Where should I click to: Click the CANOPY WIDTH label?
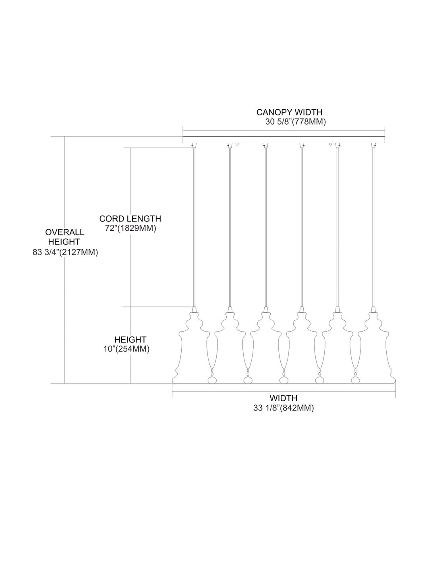289,112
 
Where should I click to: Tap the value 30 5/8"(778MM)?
295,122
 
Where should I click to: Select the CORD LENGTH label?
130,219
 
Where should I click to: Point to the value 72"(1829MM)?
130,228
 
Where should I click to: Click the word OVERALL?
64,232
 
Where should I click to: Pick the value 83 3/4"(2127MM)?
65,252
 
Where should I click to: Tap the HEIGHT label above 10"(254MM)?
130,339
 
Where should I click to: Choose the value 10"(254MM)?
126,349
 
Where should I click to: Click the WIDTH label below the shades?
284,398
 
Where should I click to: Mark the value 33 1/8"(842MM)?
284,408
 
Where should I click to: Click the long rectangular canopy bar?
284,139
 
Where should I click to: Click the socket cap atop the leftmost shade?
194,309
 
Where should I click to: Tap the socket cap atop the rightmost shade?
373,309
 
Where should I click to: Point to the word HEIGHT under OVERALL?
64,242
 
